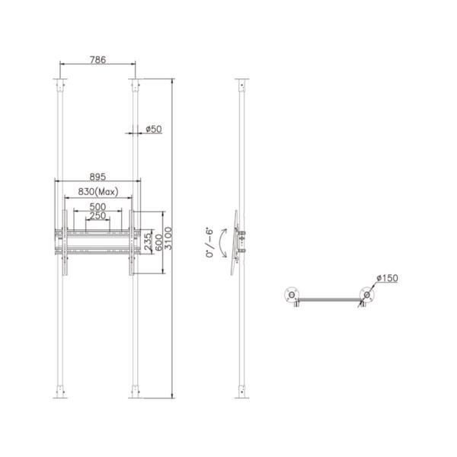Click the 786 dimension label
tap(97, 58)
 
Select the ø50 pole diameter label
tap(154, 129)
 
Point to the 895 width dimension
tap(97, 174)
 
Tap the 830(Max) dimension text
tap(97, 193)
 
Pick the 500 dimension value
tap(97, 206)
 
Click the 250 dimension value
tap(97, 216)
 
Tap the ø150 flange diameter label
tap(386, 280)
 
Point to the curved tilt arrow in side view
tap(221, 244)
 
